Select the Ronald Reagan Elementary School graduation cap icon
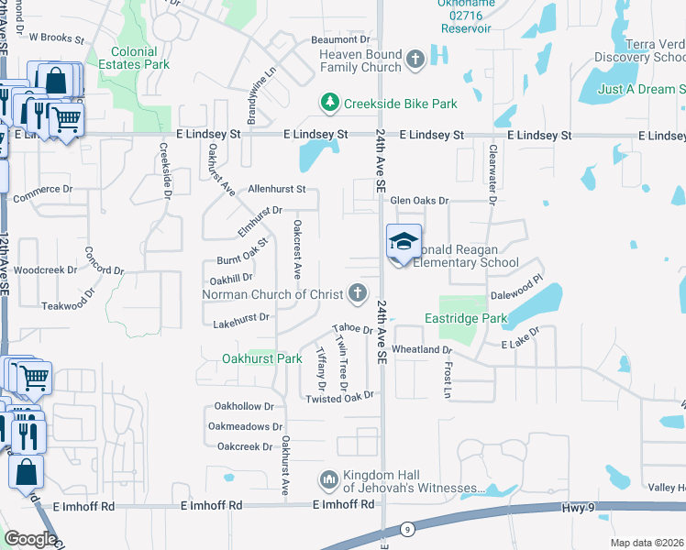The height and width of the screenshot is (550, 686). [x=404, y=242]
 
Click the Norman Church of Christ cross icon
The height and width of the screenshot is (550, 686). [x=358, y=294]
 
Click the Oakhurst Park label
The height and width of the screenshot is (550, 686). [x=262, y=358]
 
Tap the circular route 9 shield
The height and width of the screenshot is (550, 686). [x=407, y=529]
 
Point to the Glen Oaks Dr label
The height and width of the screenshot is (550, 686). [x=420, y=200]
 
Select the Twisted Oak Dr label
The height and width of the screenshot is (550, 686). [x=340, y=398]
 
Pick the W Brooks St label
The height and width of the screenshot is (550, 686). [x=56, y=39]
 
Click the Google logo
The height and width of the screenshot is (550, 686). [x=30, y=539]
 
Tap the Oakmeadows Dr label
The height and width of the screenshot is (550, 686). [x=245, y=426]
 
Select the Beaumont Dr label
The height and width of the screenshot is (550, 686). [x=339, y=39]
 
